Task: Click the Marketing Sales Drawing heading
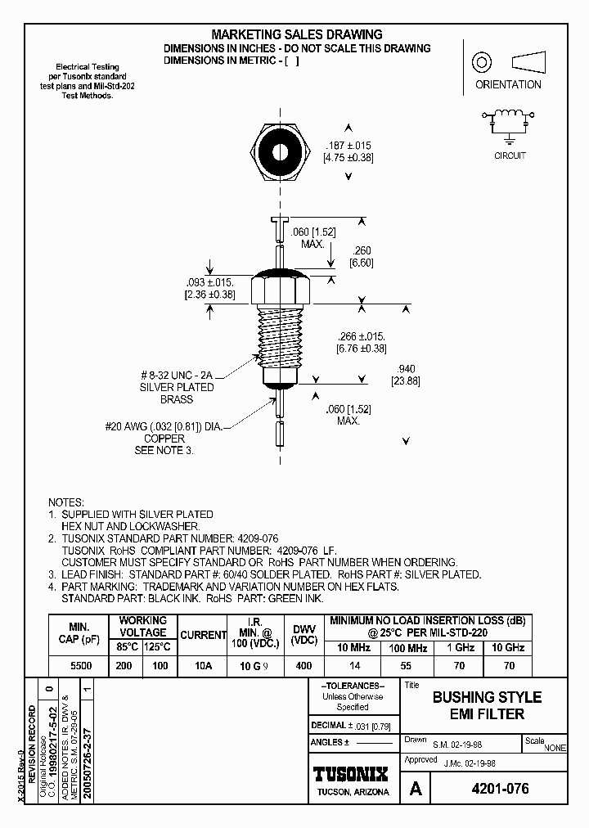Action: coord(297,34)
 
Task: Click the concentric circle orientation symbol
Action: coord(481,63)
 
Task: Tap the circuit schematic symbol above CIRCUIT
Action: coord(510,122)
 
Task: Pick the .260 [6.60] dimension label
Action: coord(361,257)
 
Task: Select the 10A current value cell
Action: coord(203,666)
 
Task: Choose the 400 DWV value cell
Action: coord(303,666)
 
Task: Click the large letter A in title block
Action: coord(416,790)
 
